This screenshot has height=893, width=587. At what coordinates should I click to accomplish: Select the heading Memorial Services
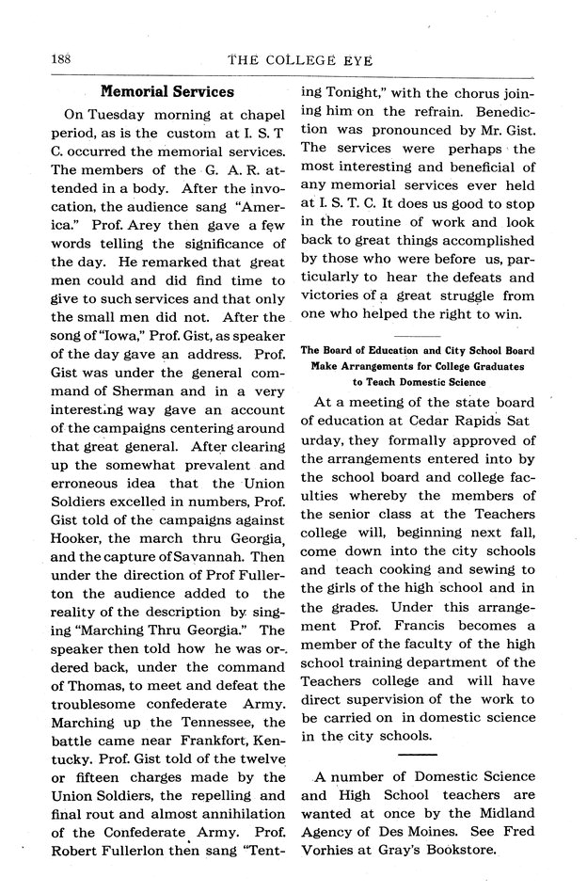[x=167, y=92]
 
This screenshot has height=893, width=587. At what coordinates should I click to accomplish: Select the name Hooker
[x=74, y=511]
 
